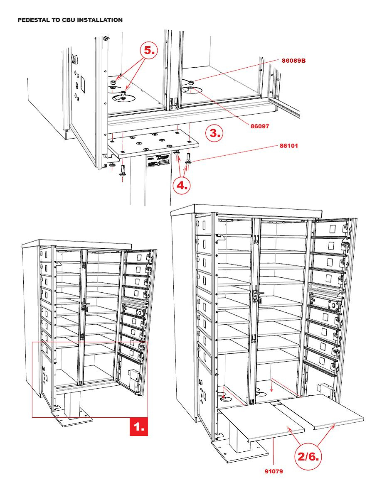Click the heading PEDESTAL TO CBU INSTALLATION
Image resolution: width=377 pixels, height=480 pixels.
pos(70,20)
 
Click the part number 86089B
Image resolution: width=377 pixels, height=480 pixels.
pos(293,61)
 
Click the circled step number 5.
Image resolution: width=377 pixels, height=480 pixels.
pos(149,51)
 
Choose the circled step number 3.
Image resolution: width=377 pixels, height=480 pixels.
pos(214,133)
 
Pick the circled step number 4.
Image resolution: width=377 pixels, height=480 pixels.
pos(182,185)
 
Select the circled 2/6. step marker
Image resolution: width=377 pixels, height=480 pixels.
pos(308,457)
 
